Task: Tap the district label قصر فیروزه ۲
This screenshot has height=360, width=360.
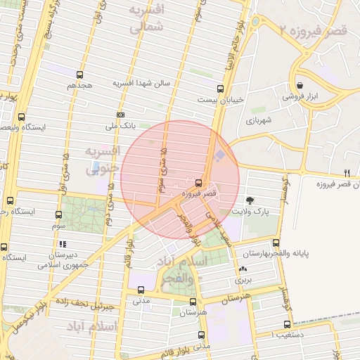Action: pyautogui.click(x=312, y=30)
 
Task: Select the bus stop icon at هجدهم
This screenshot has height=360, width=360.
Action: pyautogui.click(x=79, y=74)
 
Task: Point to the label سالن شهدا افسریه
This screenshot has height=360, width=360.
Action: pyautogui.click(x=142, y=83)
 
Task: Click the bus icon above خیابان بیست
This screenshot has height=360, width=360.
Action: pyautogui.click(x=221, y=89)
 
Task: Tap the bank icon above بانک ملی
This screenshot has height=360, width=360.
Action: pyautogui.click(x=120, y=115)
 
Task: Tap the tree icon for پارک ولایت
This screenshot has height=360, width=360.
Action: pyautogui.click(x=251, y=200)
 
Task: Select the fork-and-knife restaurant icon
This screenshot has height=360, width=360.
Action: pyautogui.click(x=347, y=173)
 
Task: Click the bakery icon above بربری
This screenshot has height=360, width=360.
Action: pyautogui.click(x=243, y=269)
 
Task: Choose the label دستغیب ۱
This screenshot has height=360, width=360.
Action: pyautogui.click(x=281, y=334)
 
